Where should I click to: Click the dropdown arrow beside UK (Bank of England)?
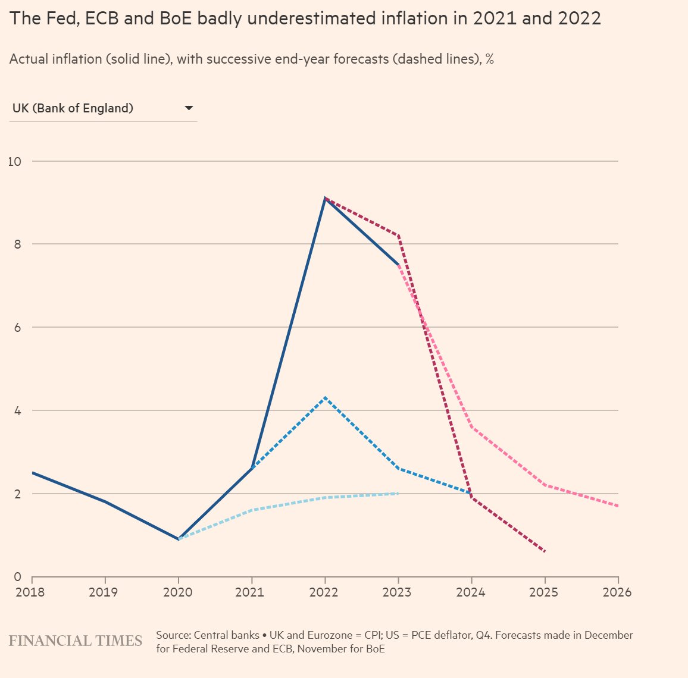(189, 108)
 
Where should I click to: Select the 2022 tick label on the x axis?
(324, 592)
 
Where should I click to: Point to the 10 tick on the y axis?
(14, 161)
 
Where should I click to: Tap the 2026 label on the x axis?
(617, 592)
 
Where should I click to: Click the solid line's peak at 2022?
(325, 198)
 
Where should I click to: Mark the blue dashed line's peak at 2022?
(325, 397)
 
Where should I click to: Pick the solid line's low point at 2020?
(179, 539)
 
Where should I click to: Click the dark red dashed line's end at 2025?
(545, 551)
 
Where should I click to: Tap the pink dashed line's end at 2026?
(618, 506)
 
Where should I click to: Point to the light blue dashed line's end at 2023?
(398, 493)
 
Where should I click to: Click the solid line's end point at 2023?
(398, 265)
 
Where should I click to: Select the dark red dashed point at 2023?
(398, 236)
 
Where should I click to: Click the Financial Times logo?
(76, 641)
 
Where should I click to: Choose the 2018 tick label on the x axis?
(31, 592)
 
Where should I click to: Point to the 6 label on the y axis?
(17, 327)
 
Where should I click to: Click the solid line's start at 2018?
(32, 473)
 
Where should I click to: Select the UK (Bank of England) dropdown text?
(73, 108)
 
